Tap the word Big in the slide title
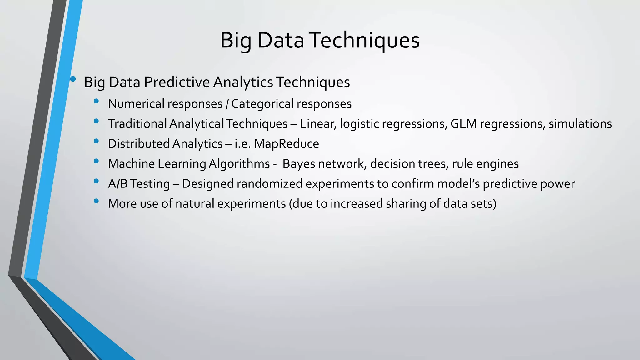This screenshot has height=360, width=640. tap(235, 41)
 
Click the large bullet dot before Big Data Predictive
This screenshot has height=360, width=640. tap(73, 79)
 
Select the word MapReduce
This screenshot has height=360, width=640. tap(286, 144)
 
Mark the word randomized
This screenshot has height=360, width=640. tap(269, 184)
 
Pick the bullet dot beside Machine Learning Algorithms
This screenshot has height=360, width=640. tap(96, 161)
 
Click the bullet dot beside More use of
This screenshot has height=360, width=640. tap(96, 201)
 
